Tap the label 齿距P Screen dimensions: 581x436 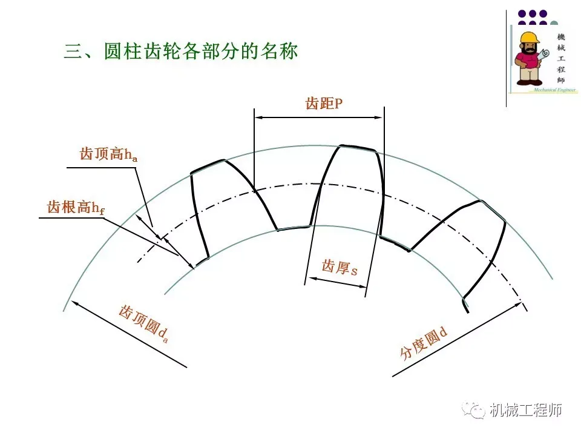[324, 104]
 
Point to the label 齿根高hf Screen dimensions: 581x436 [76, 208]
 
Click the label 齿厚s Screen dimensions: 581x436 [339, 266]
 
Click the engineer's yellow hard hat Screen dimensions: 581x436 [529, 38]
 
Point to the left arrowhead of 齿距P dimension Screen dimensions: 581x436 [258, 116]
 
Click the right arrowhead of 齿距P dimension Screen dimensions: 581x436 [379, 116]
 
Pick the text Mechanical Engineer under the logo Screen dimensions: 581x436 [553, 90]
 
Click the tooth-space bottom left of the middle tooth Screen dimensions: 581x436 [294, 228]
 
